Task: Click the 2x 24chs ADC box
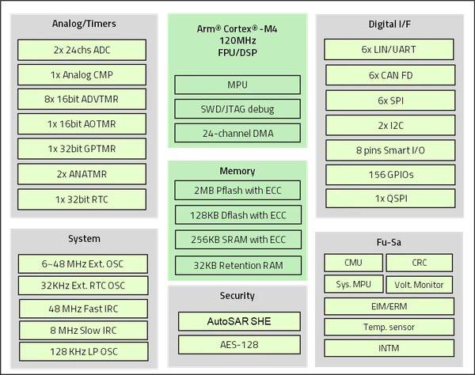coord(82,50)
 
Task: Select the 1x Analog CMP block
coord(82,74)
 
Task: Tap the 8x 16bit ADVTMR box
coord(82,100)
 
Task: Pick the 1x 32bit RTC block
coord(82,199)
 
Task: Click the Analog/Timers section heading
coord(83,24)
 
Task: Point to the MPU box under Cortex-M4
coord(237,85)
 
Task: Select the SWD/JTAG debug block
coord(237,108)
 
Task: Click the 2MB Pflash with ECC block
coord(237,190)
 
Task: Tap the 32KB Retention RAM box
coord(237,264)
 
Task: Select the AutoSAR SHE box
coord(237,320)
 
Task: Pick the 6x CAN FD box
coord(391,74)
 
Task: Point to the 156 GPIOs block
coord(391,174)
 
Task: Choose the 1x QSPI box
coord(391,199)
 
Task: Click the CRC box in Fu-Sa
coord(419,263)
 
